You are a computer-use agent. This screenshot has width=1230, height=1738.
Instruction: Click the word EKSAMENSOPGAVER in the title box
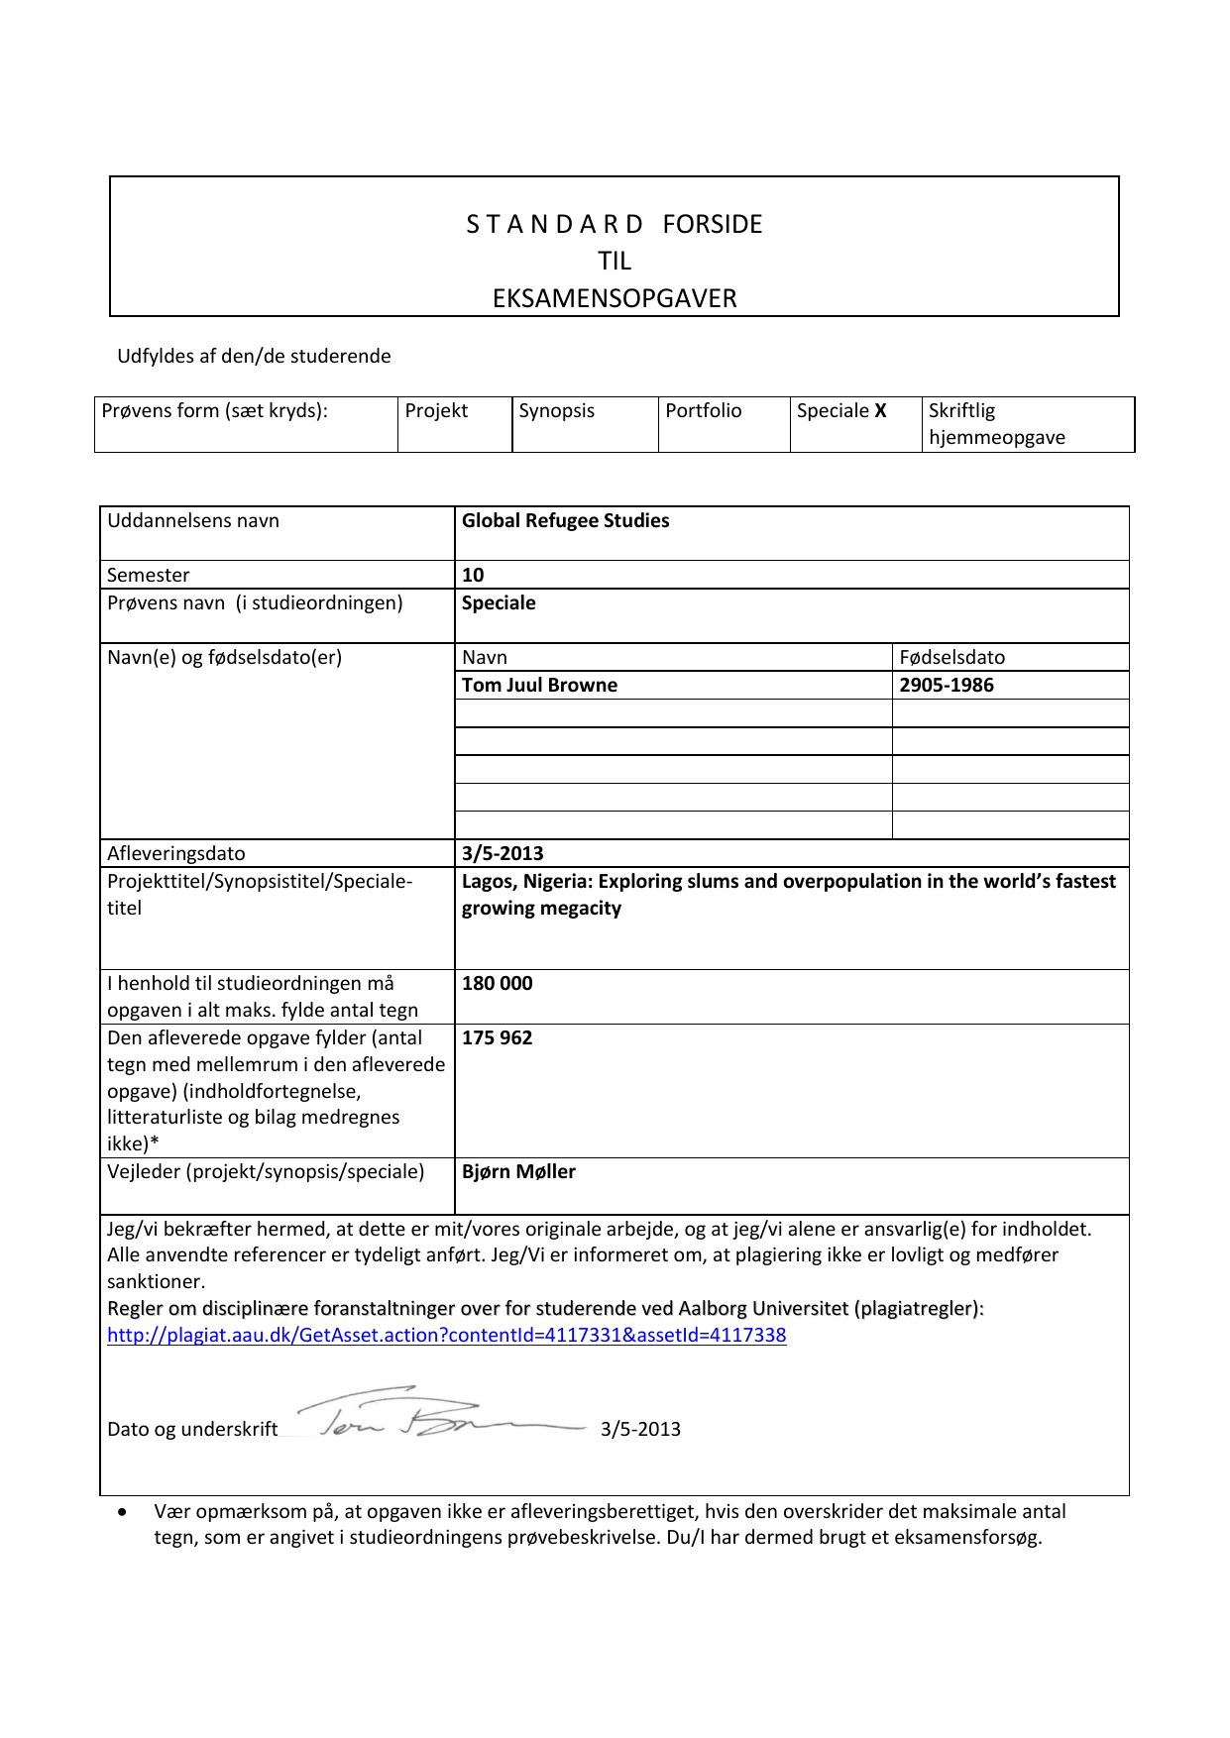[615, 298]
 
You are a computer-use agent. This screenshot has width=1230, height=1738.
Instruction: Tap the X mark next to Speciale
[880, 411]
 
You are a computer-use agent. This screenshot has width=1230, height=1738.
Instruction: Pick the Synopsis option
[556, 411]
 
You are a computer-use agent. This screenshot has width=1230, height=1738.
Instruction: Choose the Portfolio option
[703, 411]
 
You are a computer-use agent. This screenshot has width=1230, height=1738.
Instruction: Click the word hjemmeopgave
[996, 438]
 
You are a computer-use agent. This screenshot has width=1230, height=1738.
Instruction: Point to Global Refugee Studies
[565, 521]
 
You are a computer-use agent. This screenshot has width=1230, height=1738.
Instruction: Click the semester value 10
[473, 576]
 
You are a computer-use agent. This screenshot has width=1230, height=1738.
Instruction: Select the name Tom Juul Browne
[539, 686]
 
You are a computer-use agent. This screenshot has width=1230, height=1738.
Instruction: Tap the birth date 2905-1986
[946, 686]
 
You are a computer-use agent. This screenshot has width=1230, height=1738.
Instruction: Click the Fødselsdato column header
[951, 658]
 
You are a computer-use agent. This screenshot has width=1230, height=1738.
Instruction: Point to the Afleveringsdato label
[176, 854]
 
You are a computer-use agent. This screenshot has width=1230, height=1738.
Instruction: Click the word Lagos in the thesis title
[487, 882]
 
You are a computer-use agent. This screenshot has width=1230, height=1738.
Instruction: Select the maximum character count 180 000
[497, 984]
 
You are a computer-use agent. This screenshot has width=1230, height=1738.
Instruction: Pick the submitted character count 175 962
[497, 1038]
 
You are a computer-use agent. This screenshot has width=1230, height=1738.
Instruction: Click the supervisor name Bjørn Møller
[518, 1172]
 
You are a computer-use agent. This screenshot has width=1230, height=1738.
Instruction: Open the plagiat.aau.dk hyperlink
[446, 1336]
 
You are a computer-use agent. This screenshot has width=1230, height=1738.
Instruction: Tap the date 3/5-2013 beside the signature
[640, 1430]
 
